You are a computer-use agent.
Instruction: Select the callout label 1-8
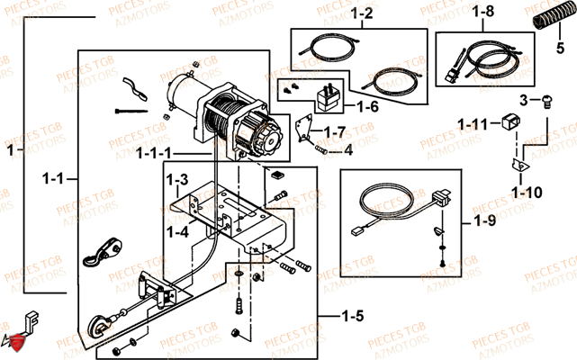tap(483, 13)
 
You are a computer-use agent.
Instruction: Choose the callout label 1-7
tap(334, 133)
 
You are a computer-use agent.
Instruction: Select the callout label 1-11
tap(473, 123)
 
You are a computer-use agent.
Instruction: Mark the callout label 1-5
tap(355, 316)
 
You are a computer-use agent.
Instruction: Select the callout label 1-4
tap(178, 232)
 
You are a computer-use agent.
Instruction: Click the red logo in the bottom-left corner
tap(12, 342)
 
